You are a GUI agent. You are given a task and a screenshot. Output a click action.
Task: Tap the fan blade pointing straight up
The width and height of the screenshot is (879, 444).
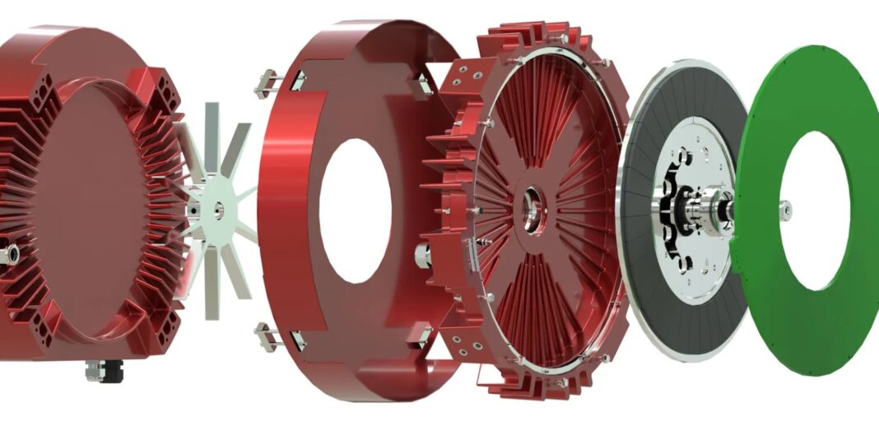[213, 132]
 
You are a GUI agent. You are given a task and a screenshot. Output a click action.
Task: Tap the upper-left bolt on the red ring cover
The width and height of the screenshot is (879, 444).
[267, 82]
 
